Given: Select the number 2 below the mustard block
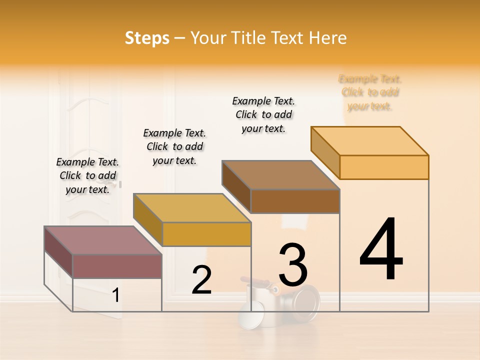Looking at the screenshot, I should (x=201, y=280).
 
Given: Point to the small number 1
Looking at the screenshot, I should (x=115, y=295).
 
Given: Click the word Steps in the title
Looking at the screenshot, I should (x=147, y=38).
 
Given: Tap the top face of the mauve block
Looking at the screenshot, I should (x=102, y=240).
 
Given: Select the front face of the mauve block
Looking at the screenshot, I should (x=117, y=266).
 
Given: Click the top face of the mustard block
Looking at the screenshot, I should (x=191, y=207).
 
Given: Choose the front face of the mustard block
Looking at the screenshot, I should (x=206, y=234).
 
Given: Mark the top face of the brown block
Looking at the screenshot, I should (x=280, y=174).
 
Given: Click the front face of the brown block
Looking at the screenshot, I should (x=295, y=201).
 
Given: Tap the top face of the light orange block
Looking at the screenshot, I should (x=369, y=140).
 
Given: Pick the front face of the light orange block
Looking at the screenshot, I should (x=384, y=167).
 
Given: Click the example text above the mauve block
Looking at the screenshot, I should (x=87, y=175).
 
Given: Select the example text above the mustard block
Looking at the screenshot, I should (x=174, y=146).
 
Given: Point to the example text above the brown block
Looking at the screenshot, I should (x=263, y=114).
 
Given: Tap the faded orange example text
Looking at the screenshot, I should (x=370, y=92).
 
